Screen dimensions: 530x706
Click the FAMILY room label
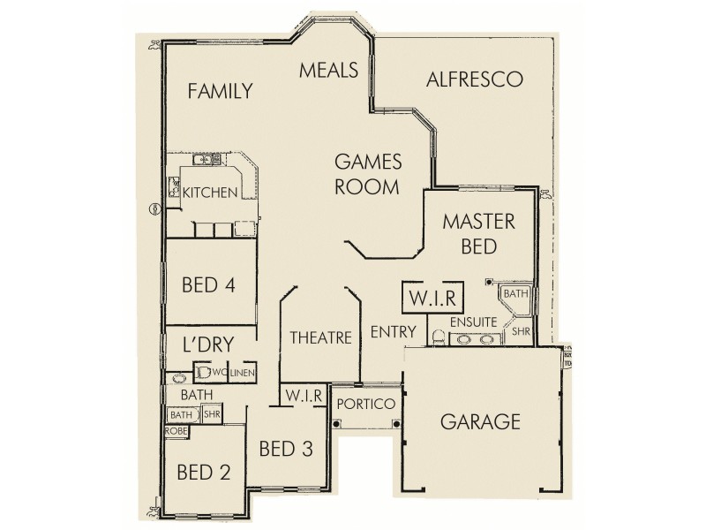point(221,91)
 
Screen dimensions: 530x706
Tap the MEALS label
point(327,70)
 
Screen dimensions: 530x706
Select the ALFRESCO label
point(474,79)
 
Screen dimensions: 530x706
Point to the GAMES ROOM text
point(368,174)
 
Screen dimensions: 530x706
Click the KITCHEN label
point(210,192)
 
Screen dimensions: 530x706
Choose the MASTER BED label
point(478,232)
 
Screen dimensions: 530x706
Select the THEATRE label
point(321,337)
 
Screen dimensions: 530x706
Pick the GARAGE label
point(481,421)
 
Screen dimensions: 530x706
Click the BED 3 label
point(286,448)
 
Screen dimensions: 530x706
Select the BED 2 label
point(204,472)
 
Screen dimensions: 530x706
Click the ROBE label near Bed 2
point(176,431)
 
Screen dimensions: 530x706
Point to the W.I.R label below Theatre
point(303,394)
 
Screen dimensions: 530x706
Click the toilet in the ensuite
point(439,337)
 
